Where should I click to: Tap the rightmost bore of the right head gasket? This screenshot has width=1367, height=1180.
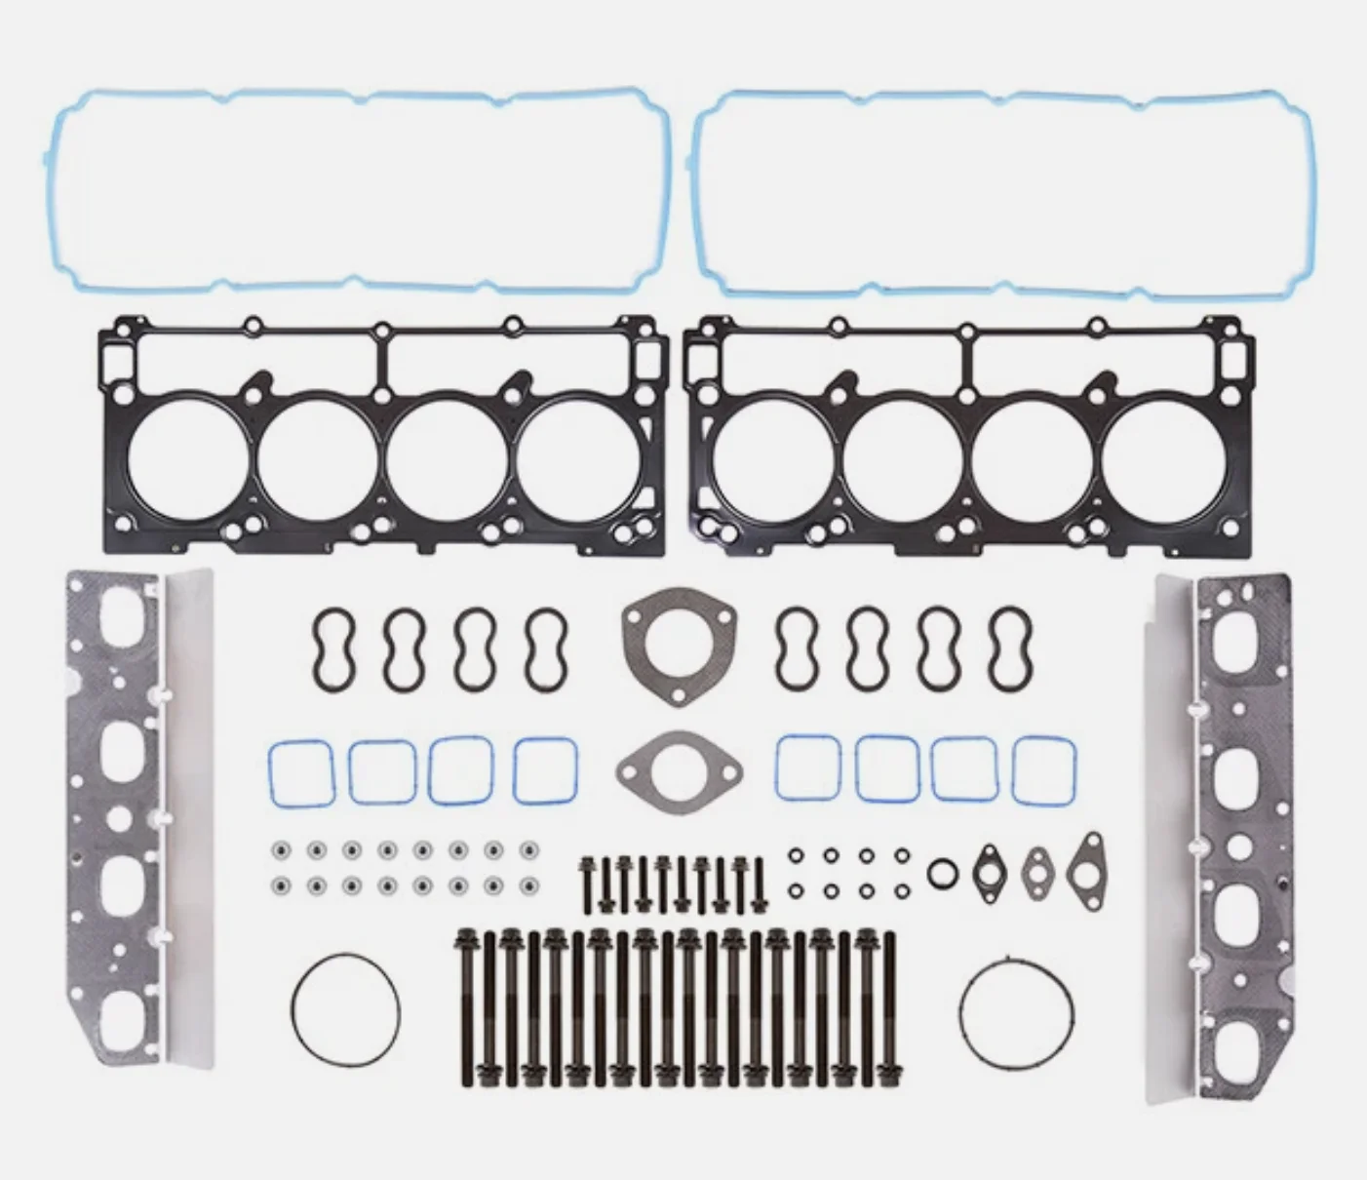[1166, 456]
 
